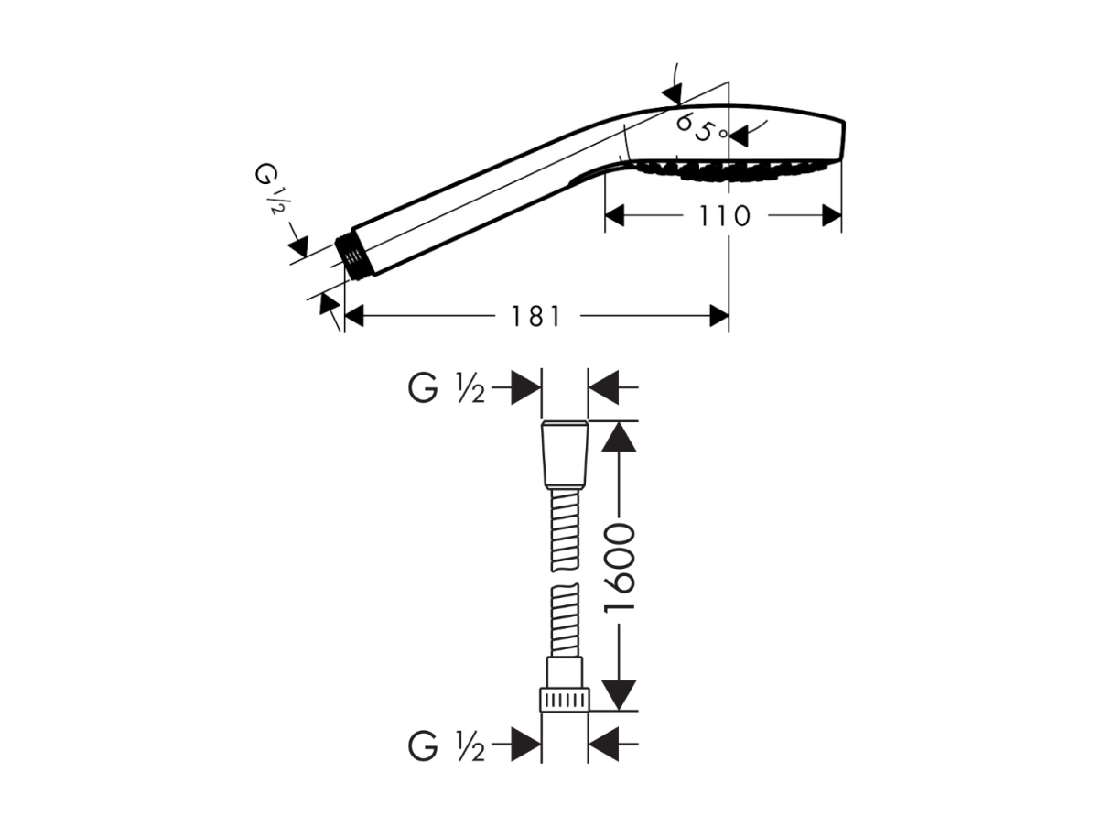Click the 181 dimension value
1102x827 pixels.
tap(535, 316)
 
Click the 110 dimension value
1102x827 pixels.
tap(725, 216)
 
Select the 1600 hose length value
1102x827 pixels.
tap(619, 568)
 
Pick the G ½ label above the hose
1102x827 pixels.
tap(446, 388)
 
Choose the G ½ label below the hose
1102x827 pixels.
tap(446, 745)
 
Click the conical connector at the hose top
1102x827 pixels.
tap(565, 455)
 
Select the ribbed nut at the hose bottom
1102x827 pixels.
tap(565, 700)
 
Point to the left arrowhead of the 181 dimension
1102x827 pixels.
tap(354, 316)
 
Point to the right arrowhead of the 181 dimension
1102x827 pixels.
tap(718, 316)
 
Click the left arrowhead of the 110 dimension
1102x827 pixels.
tap(614, 216)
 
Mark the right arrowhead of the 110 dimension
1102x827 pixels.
tap(832, 216)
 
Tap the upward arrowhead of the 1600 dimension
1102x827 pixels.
tap(619, 437)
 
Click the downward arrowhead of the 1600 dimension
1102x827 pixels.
tap(619, 695)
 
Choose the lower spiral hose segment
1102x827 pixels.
tap(566, 620)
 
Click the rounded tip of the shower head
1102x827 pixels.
tap(841, 142)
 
